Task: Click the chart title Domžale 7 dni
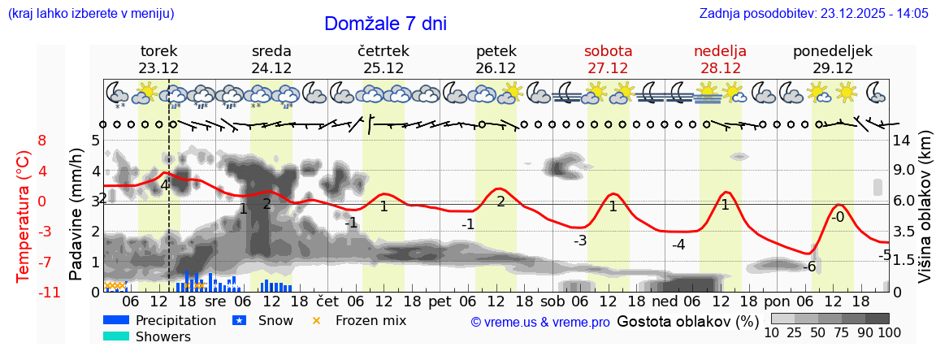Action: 385,24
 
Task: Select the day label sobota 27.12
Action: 608,59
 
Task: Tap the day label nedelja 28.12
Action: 720,59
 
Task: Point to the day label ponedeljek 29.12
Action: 833,59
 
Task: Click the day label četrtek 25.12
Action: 383,59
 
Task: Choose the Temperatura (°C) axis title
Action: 24,215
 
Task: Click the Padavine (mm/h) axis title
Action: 77,215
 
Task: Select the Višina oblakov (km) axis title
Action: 924,215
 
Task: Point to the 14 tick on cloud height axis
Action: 902,140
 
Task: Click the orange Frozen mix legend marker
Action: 317,320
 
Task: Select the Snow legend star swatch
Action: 239,320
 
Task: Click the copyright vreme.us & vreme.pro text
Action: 540,323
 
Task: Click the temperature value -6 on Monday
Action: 809,267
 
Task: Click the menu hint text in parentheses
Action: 90,13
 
